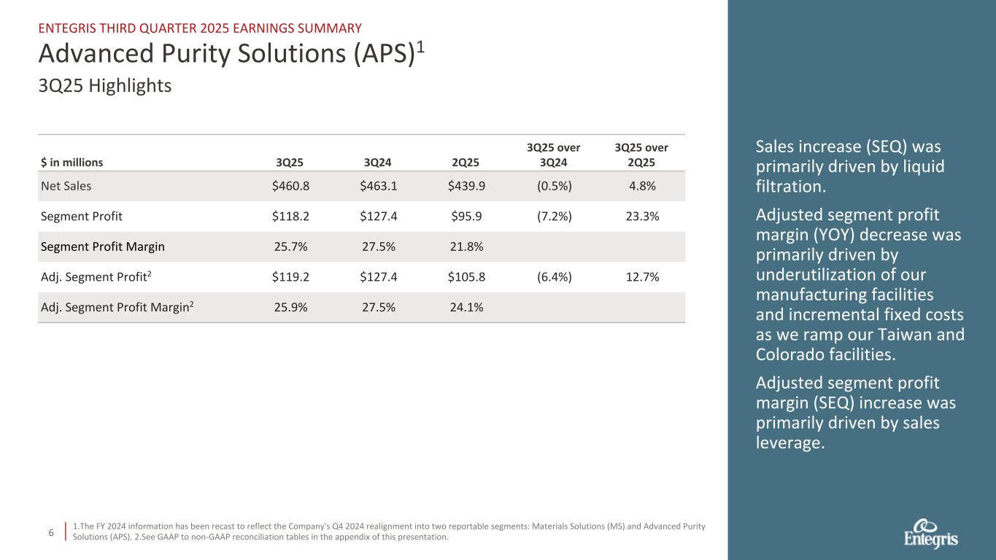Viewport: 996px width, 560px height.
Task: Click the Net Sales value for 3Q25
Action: [x=290, y=186]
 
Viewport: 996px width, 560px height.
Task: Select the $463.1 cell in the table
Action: [x=379, y=186]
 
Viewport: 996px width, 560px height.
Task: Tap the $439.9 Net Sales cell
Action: [x=467, y=186]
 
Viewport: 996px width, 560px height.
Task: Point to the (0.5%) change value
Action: [x=554, y=186]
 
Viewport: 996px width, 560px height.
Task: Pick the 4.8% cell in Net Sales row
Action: [x=642, y=186]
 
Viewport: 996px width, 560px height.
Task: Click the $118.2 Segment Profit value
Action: [x=290, y=217]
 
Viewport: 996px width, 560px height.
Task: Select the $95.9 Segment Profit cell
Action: [x=467, y=217]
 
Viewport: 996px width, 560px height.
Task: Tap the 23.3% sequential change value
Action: [x=642, y=217]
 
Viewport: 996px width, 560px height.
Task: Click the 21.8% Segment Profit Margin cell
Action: [x=467, y=246]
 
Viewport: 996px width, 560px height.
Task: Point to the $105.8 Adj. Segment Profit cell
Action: [x=467, y=277]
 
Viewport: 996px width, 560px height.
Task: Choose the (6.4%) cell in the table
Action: [x=554, y=277]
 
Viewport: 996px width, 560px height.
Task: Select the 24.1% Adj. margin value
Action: [x=467, y=308]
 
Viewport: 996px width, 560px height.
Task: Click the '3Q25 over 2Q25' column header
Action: [x=642, y=155]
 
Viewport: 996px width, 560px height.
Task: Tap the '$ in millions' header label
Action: [x=72, y=163]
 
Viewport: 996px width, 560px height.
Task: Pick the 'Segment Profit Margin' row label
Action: [x=102, y=246]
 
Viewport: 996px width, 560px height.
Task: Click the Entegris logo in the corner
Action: [x=931, y=534]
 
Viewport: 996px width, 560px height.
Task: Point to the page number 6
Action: [x=51, y=533]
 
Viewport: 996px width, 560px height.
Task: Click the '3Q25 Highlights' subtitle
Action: [x=104, y=86]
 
